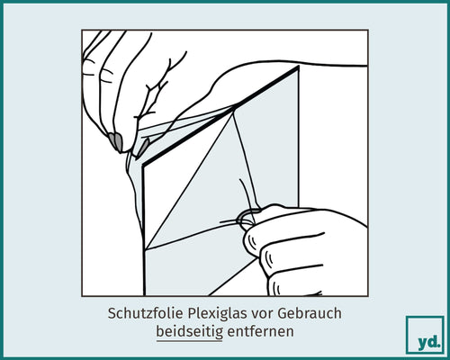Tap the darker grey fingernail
[116, 140]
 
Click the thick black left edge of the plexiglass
[142, 225]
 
